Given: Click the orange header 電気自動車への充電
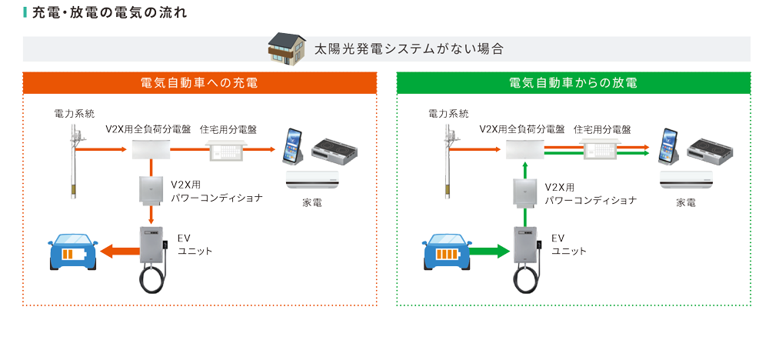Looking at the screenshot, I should (x=199, y=82).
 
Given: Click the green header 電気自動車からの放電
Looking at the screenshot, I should (x=573, y=82).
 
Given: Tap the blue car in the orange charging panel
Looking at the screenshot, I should (x=73, y=251).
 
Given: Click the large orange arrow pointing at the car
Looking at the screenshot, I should (x=118, y=251).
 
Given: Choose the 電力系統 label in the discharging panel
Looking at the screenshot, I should (x=448, y=114).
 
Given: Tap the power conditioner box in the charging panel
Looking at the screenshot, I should (x=152, y=192).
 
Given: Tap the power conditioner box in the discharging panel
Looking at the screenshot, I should (x=526, y=192).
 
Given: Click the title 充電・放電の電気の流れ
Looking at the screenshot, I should (x=108, y=14).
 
